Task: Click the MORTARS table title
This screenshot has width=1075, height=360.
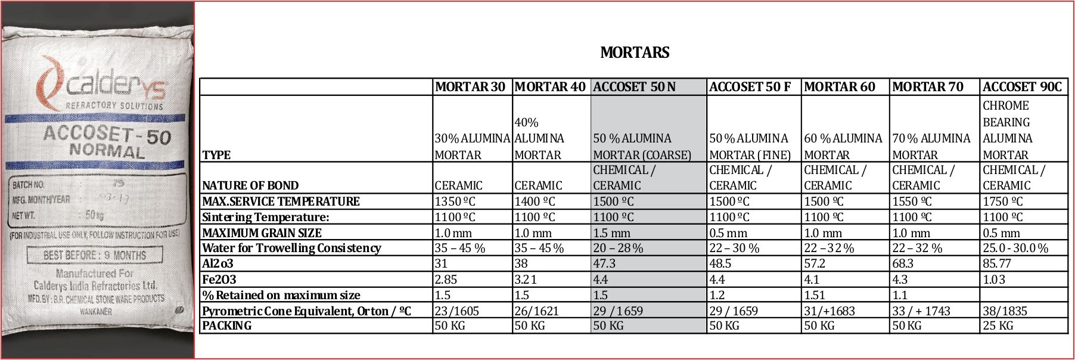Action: point(635,52)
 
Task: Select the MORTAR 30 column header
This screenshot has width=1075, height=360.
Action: point(470,87)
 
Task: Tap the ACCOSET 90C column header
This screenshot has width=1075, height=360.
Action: point(1022,87)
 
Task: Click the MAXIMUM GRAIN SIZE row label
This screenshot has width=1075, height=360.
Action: point(262,233)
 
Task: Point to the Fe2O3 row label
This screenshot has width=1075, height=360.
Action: point(219,280)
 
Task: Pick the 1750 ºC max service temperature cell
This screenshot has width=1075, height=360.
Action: point(1003,201)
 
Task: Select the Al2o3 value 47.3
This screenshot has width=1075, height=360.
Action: point(604,263)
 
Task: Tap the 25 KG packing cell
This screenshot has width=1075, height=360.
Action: point(998,326)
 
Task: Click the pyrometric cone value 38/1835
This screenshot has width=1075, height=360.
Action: point(1005,311)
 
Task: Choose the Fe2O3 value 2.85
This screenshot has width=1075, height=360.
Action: point(446,280)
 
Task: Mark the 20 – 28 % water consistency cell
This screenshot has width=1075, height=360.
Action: point(618,248)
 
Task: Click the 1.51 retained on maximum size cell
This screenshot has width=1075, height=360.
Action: point(815,295)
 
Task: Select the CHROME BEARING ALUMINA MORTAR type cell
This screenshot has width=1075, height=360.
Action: point(1006,130)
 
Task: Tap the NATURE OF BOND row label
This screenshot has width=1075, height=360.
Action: point(250,185)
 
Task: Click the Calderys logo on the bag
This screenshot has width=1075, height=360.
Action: point(101,83)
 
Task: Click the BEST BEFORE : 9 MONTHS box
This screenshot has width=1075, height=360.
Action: point(95,256)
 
